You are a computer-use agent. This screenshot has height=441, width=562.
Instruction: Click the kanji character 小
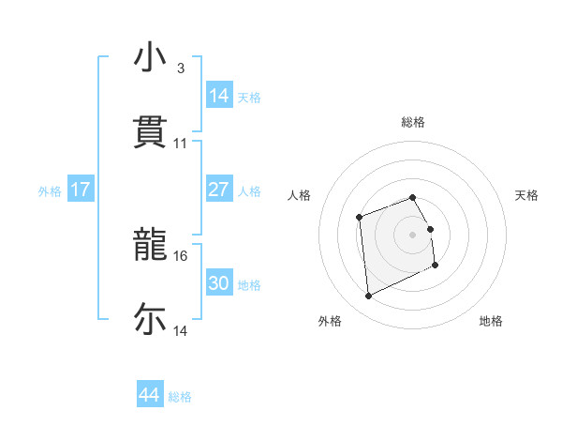[x=150, y=57]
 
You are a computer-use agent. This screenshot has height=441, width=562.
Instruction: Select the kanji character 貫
[x=150, y=132]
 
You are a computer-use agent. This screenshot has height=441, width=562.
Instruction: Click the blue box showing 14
[x=218, y=96]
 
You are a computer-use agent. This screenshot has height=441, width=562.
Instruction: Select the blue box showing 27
[x=218, y=190]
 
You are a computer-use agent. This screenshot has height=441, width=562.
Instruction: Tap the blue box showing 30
[x=218, y=283]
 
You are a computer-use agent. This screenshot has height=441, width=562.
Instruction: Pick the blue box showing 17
[x=81, y=190]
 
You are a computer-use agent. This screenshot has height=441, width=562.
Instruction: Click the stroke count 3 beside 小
[x=180, y=68]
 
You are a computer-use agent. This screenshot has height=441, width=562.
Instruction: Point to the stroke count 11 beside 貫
[x=181, y=144]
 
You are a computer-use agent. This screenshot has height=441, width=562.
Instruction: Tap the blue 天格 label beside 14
[x=249, y=98]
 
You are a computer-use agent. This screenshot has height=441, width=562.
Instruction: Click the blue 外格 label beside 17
[x=50, y=191]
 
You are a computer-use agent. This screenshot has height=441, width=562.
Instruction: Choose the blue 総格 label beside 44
[x=180, y=397]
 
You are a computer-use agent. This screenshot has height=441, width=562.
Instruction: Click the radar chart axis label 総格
[x=413, y=122]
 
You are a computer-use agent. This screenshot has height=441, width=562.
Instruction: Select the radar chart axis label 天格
[x=527, y=195]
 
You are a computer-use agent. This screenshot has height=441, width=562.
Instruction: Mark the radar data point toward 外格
[x=368, y=297]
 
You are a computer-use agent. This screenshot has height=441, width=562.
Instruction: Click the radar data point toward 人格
[x=359, y=218]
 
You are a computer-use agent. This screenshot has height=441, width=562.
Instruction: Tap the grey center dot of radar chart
[x=413, y=234]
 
